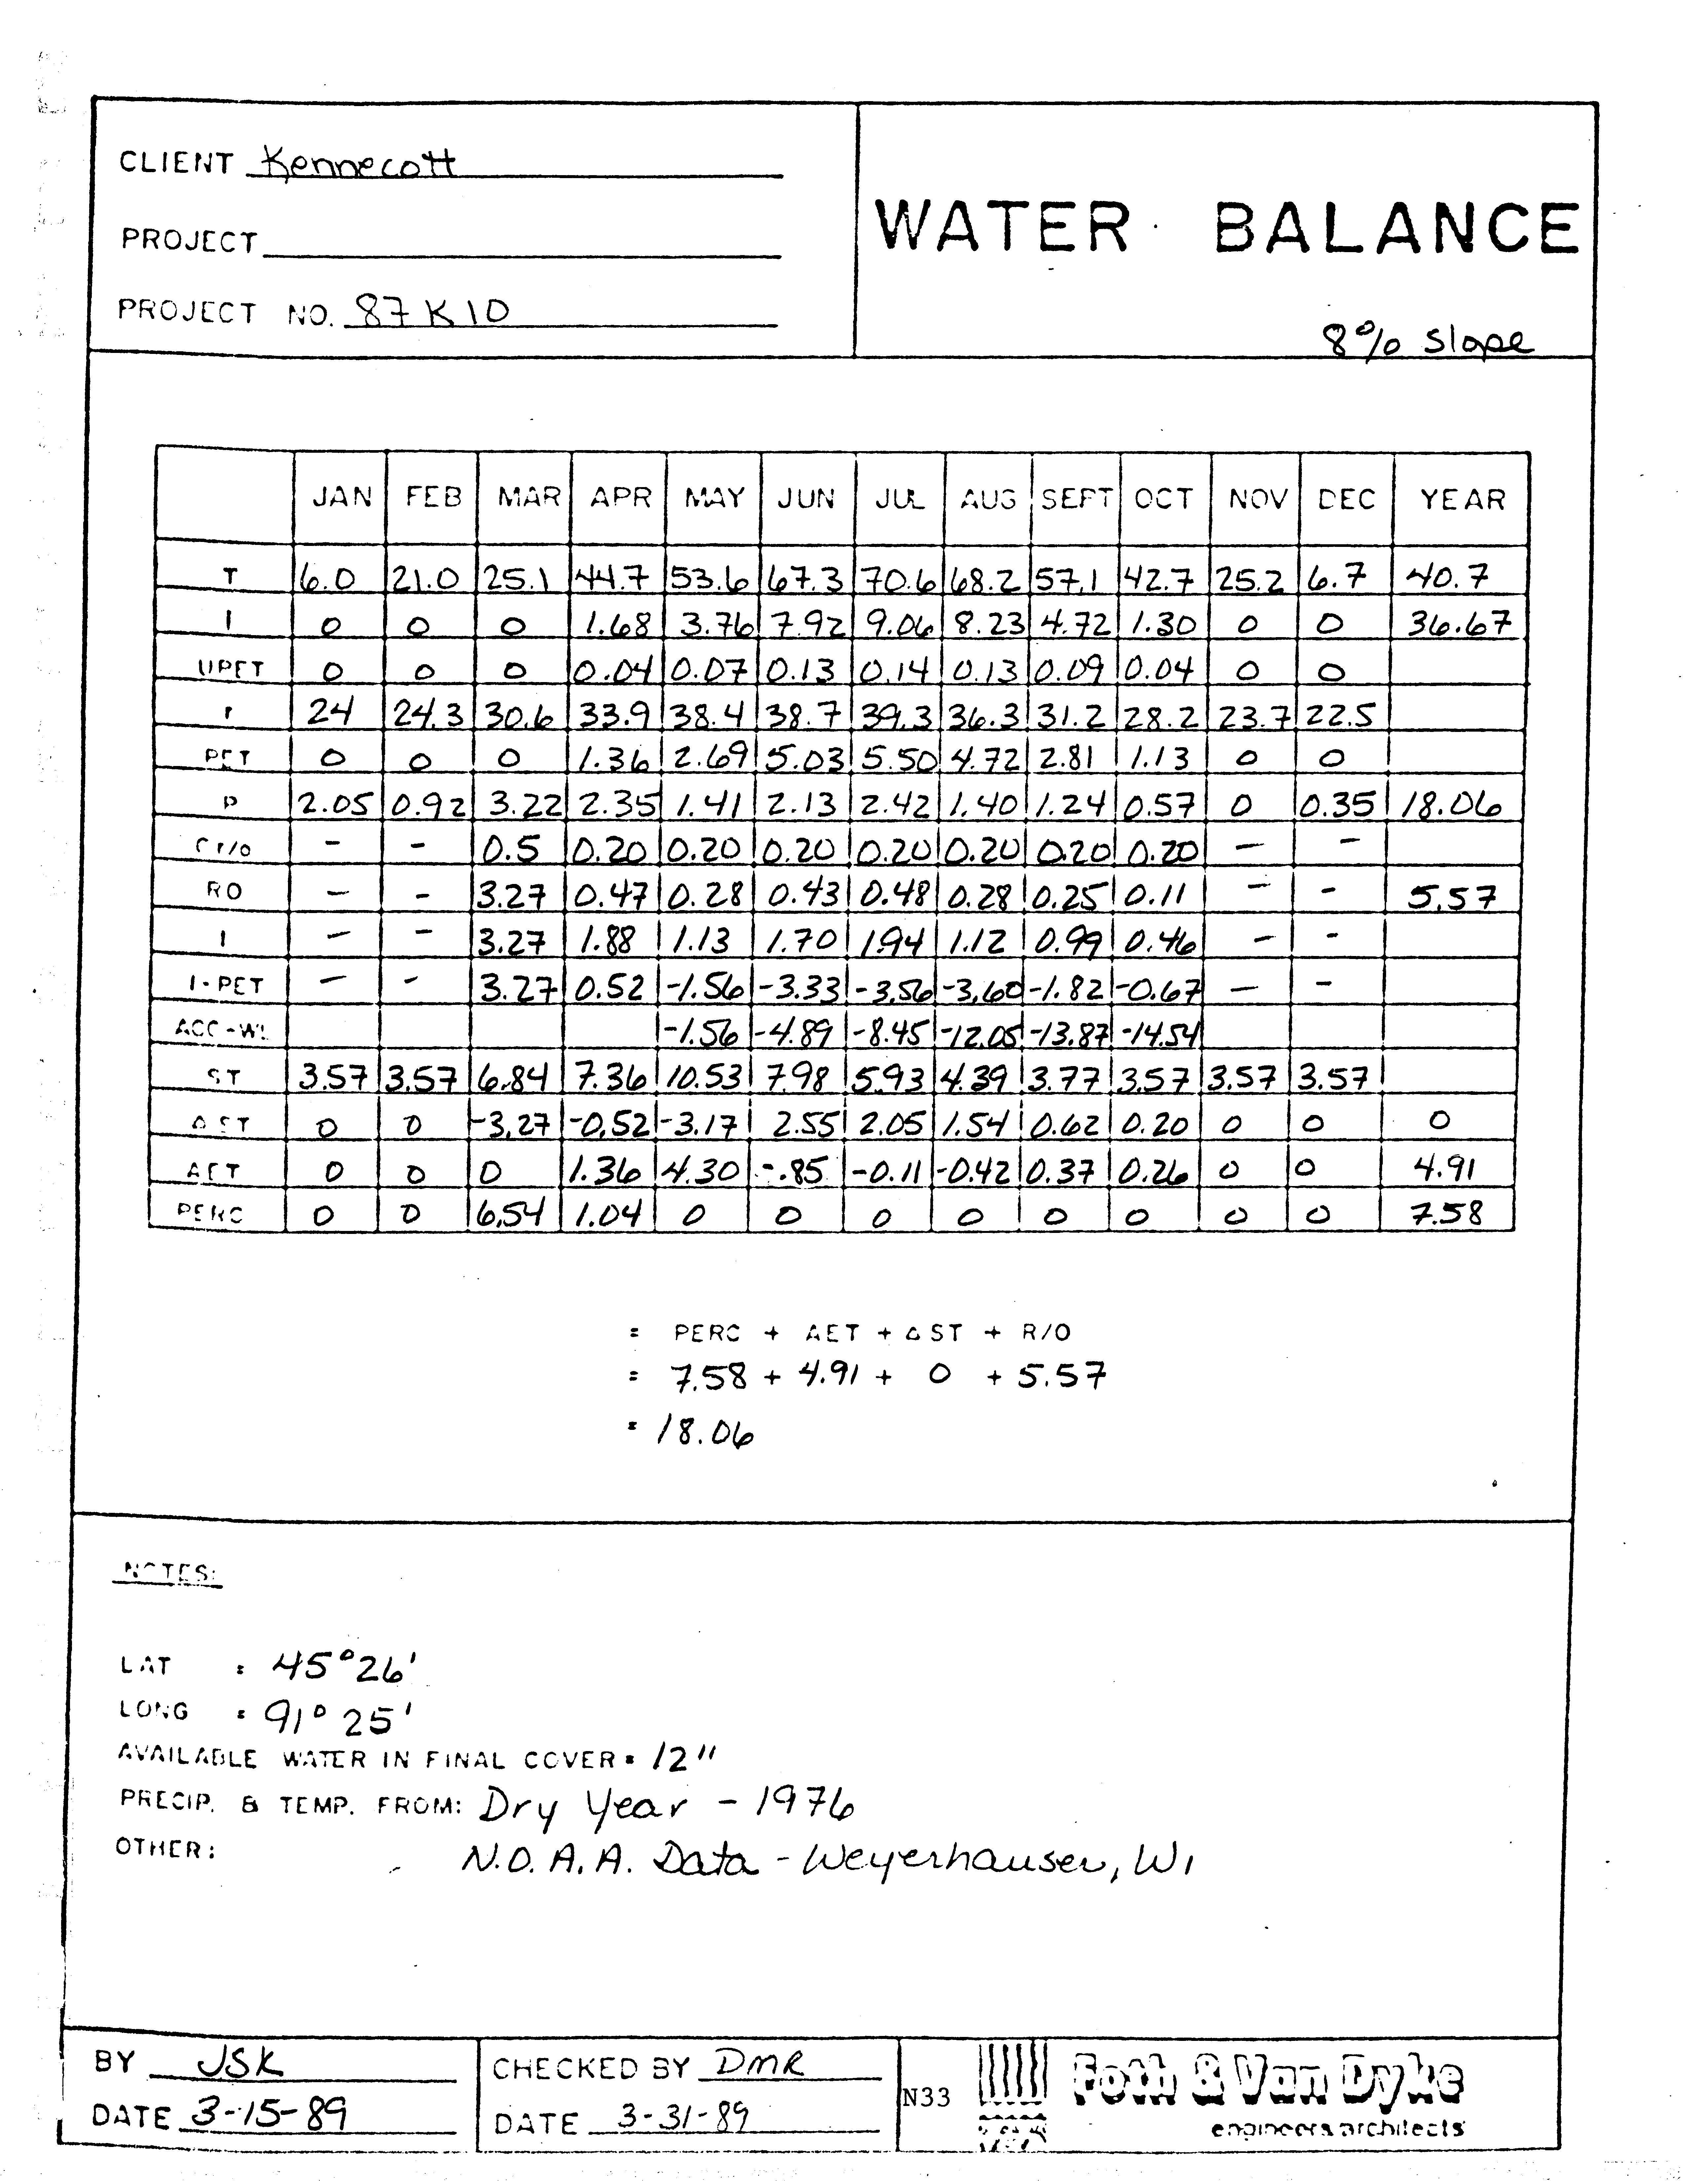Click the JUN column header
pyautogui.click(x=806, y=497)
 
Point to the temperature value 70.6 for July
pyautogui.click(x=898, y=577)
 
